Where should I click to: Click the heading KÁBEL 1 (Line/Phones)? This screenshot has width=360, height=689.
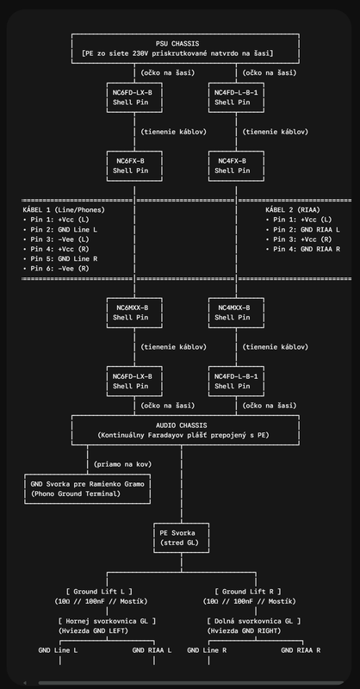coord(64,210)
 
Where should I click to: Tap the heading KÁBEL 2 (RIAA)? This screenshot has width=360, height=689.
coord(293,210)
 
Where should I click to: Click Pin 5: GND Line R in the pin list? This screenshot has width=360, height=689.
coord(59,259)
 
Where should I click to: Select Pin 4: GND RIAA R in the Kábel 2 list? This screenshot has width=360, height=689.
coord(303,249)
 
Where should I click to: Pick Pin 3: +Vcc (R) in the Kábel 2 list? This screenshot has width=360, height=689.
coord(299,239)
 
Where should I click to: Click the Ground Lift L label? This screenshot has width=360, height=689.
coord(99,592)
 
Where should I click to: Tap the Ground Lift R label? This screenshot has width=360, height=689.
coord(248,592)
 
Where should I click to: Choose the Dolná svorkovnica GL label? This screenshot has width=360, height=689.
coord(253,621)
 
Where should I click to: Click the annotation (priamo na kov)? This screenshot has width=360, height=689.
coord(122,464)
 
